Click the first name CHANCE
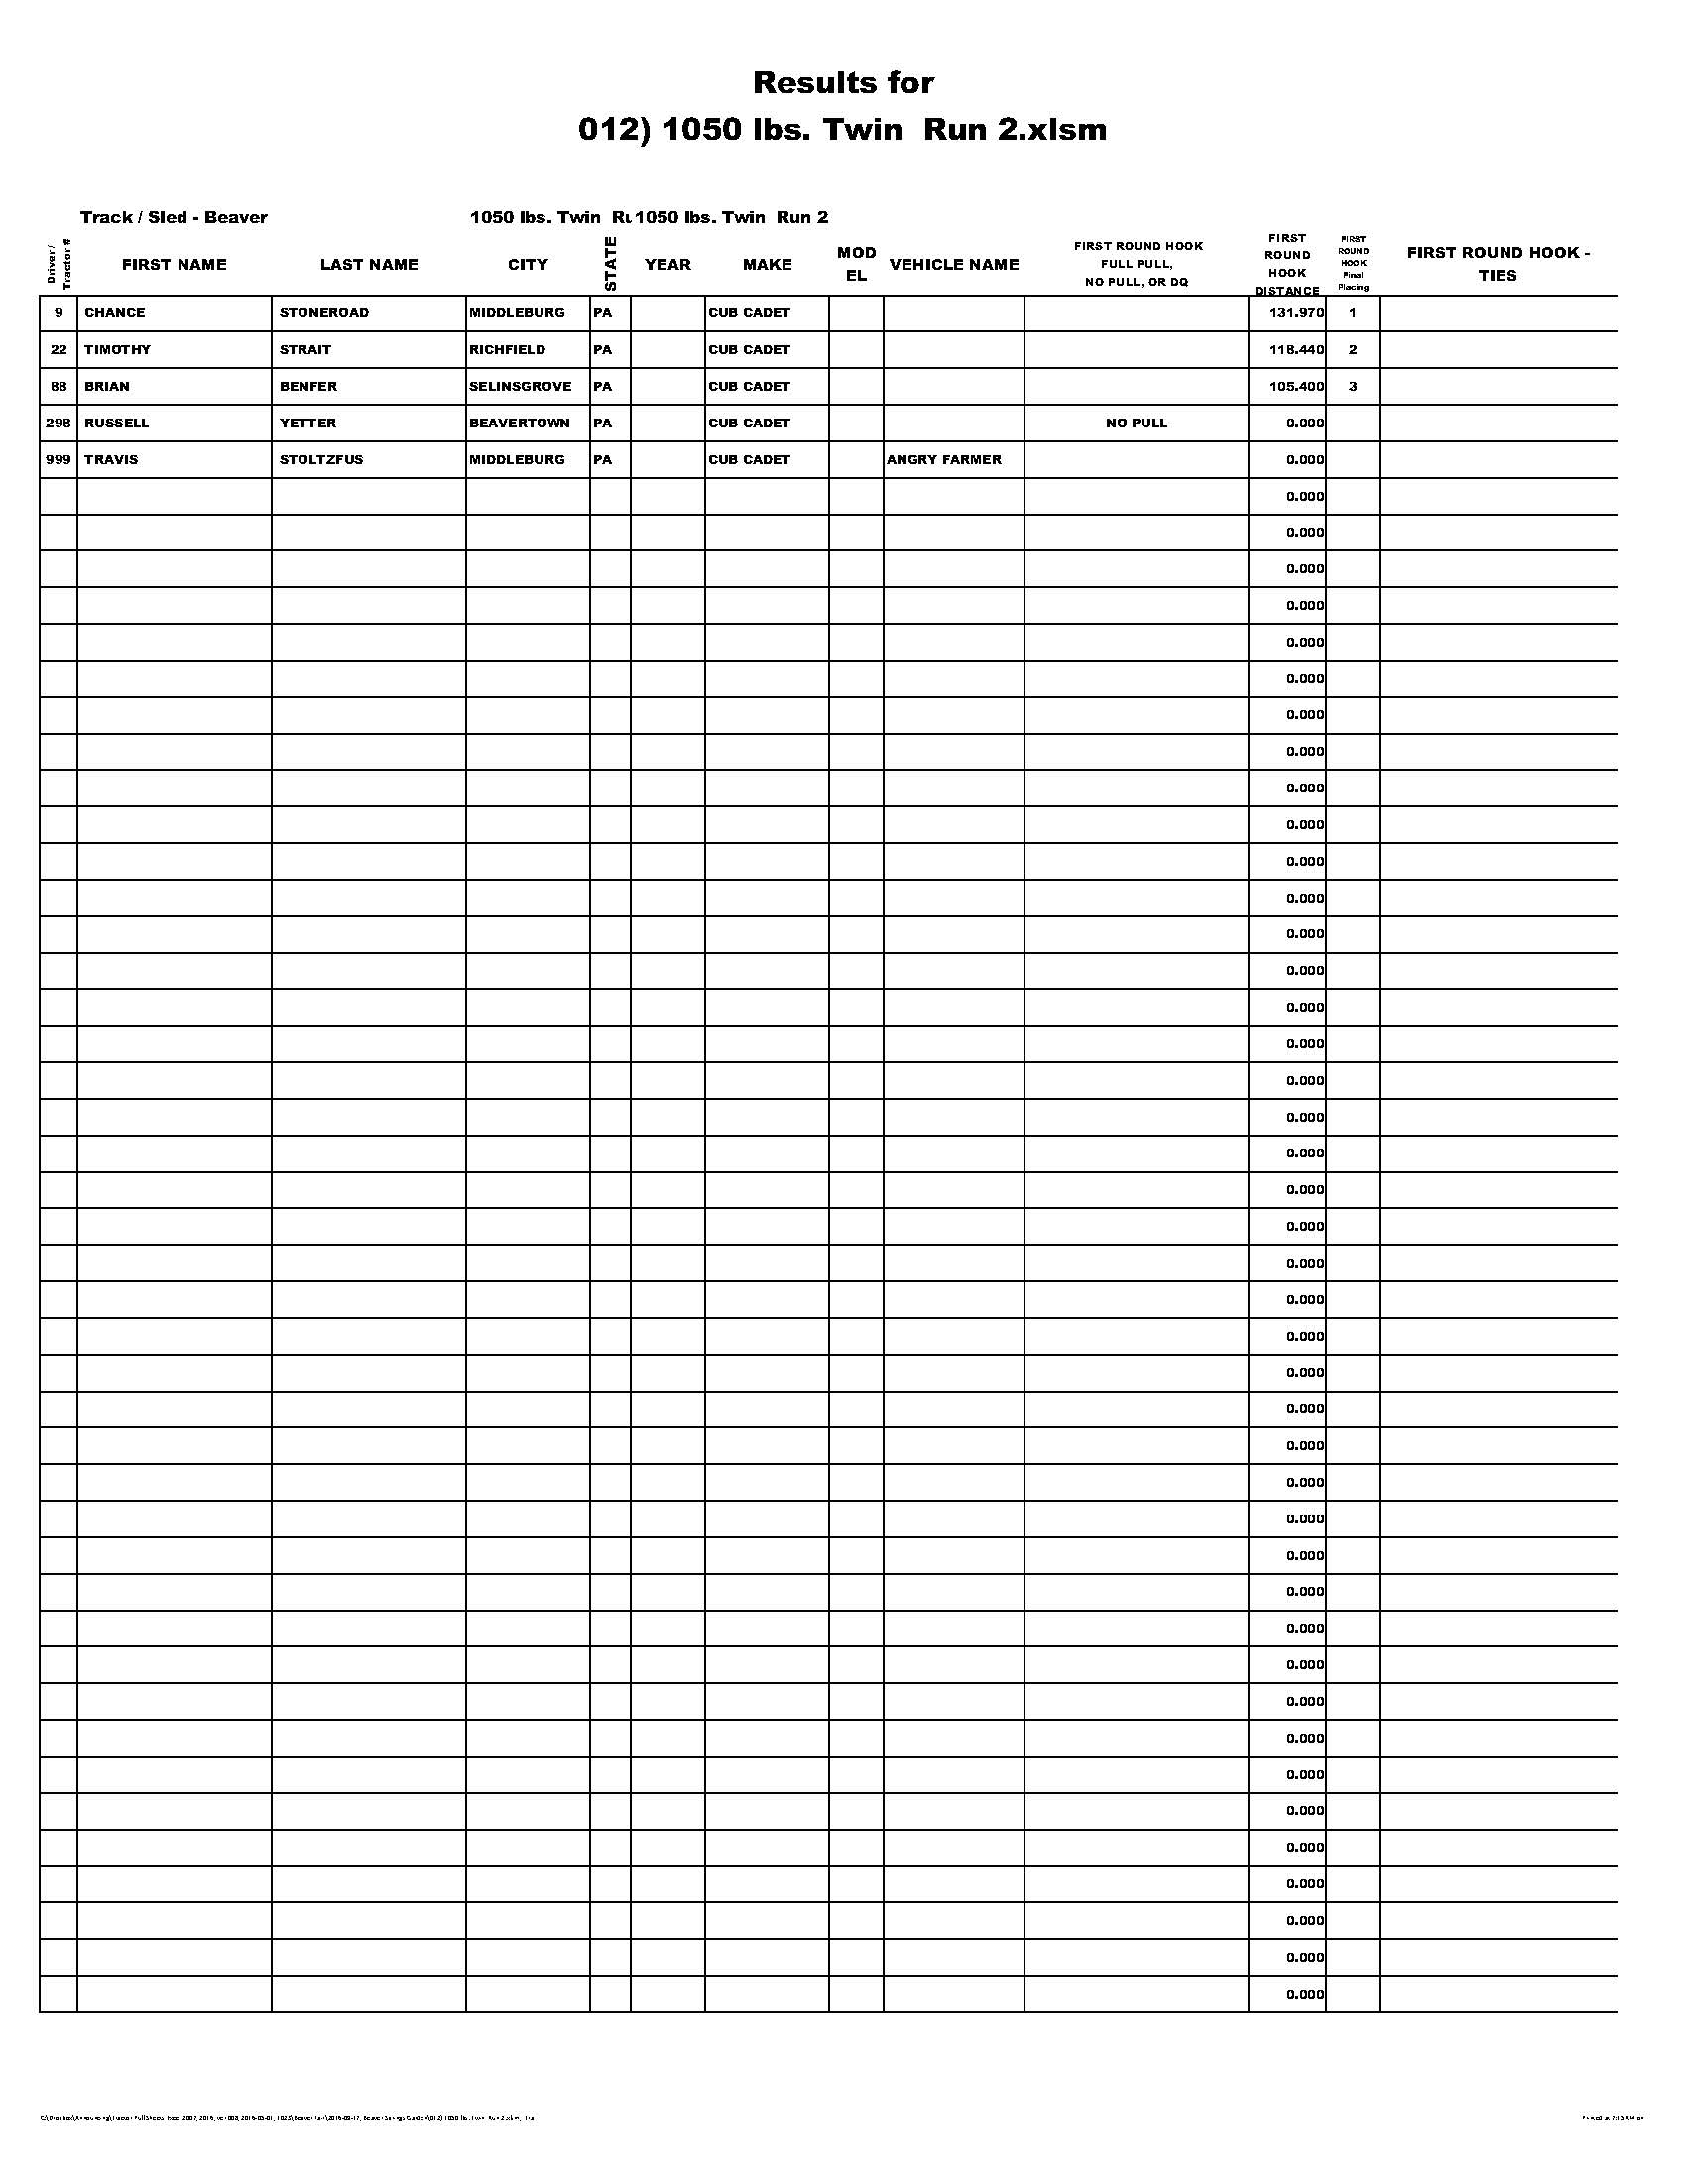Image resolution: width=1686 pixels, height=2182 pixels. tap(115, 312)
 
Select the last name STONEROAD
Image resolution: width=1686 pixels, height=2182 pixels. tap(323, 312)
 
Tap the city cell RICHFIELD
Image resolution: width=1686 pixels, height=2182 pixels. tap(508, 350)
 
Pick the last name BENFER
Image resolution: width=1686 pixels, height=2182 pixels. tap(308, 387)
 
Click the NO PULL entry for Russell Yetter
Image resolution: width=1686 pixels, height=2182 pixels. tap(1136, 423)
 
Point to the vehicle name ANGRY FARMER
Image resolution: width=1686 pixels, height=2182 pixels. tap(944, 459)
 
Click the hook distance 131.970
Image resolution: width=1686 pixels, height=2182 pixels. tap(1296, 312)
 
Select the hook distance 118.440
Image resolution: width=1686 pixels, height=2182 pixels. tap(1296, 350)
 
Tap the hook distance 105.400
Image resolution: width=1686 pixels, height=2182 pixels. tap(1296, 387)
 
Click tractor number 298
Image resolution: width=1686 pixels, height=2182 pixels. tap(58, 423)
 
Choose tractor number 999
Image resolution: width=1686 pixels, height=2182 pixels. tap(58, 459)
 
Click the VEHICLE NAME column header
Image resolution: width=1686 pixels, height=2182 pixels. tap(954, 265)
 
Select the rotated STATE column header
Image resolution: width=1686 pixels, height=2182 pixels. tap(610, 264)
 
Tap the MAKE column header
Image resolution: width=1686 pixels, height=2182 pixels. tap(767, 265)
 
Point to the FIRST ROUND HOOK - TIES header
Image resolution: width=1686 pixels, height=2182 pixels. tap(1499, 264)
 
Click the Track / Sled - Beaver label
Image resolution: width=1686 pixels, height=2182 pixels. tap(174, 218)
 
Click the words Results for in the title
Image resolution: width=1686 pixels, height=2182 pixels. tap(843, 82)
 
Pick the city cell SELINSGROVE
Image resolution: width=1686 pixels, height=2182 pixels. tap(521, 387)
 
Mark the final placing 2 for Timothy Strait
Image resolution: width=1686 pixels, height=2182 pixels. tap(1353, 350)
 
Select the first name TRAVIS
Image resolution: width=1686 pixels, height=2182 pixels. tap(111, 459)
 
